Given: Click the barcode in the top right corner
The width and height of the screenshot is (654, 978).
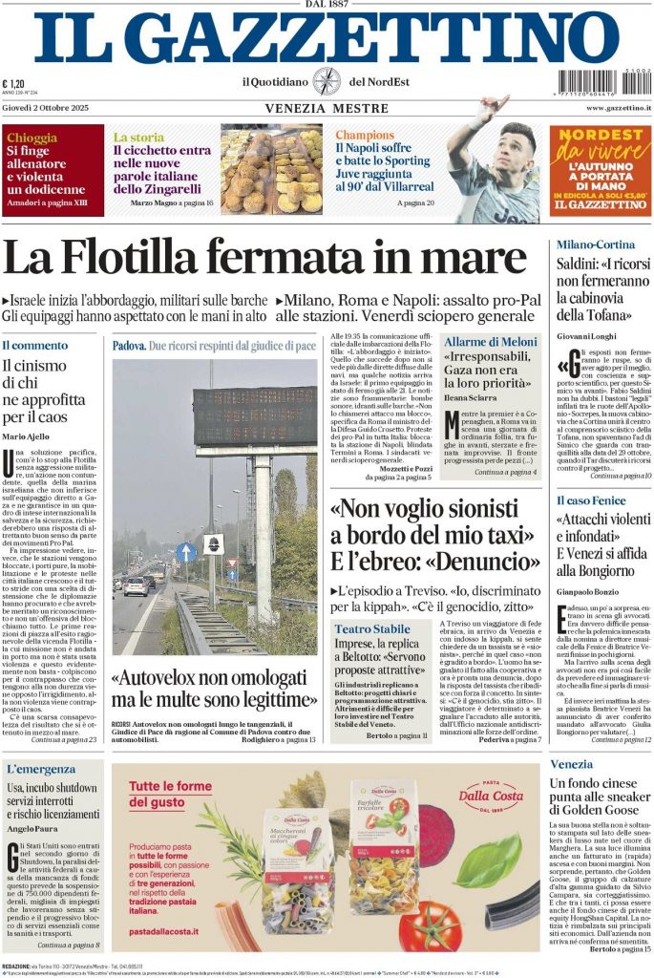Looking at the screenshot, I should pos(604,82).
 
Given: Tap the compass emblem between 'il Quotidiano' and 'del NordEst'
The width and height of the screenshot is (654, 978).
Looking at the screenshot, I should pos(327,81).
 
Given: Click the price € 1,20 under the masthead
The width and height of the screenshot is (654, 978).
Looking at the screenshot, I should pos(13,83).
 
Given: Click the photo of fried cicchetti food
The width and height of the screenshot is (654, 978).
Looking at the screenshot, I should pos(272,168).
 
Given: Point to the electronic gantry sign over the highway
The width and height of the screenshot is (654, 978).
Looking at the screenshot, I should pos(255,416).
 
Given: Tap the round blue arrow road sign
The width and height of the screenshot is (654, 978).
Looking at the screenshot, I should pos(187,550).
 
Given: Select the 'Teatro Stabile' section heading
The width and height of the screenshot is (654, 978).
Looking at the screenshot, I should pos(372,628).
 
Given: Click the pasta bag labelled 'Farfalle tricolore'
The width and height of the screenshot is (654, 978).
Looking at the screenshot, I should pos(381,845).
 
